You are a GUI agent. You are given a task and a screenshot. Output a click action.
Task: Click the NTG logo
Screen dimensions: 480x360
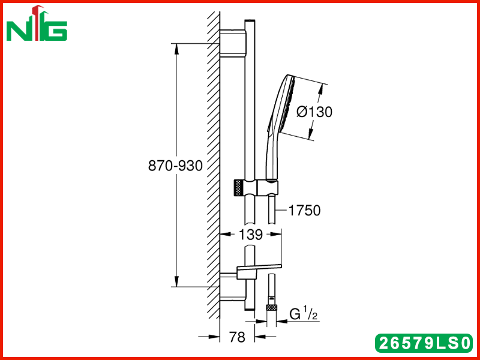tap(37, 23)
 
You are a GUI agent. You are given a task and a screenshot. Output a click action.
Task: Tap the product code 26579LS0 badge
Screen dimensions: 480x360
tap(424, 343)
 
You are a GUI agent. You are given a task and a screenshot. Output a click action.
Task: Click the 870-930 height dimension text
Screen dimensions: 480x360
tap(175, 166)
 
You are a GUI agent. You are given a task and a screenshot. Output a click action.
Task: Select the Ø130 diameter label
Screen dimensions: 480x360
tap(314, 112)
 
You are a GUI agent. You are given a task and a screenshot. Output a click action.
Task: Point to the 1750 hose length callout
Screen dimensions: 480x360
tap(305, 211)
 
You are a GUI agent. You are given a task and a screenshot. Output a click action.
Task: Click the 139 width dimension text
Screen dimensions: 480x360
tap(251, 235)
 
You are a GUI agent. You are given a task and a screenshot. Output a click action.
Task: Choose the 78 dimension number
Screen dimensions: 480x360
tap(238, 337)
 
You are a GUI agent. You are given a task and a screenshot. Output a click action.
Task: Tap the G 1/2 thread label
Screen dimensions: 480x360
tap(304, 314)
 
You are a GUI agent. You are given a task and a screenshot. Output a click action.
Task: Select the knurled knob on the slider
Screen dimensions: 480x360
tap(238, 187)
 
